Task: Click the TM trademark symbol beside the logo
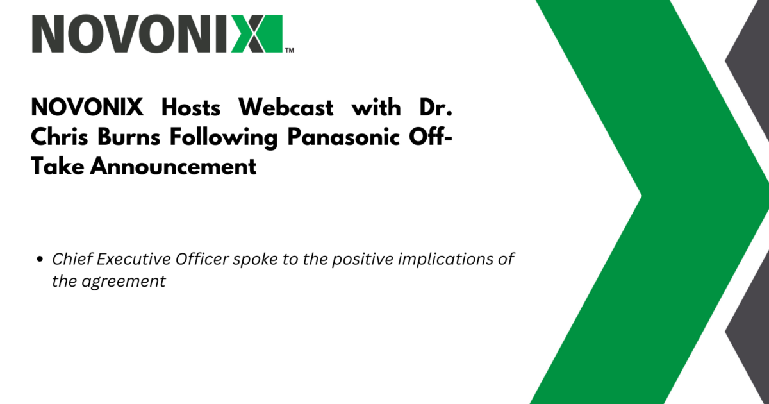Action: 290,51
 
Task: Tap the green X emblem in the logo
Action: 257,33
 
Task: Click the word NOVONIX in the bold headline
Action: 87,108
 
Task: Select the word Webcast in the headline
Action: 286,108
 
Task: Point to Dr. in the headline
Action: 436,108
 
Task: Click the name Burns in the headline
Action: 129,137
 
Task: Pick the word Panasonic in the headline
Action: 343,137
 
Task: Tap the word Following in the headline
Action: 224,138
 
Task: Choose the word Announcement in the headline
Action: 174,167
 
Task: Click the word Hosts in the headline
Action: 191,108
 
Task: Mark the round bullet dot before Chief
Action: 40,259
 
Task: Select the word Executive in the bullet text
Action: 133,259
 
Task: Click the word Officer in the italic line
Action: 202,259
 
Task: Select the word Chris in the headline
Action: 60,137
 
